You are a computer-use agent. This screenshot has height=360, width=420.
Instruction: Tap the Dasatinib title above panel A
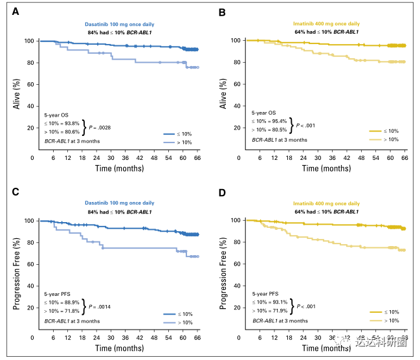coord(119,24)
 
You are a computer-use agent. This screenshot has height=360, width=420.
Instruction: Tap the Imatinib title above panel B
coord(327,24)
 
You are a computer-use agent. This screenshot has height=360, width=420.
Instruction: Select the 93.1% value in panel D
coord(276,302)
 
